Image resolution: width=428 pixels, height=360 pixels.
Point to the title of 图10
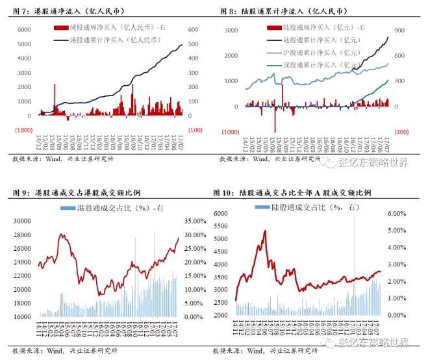coord(292,193)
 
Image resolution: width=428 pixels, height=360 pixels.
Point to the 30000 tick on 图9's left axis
coord(23,220)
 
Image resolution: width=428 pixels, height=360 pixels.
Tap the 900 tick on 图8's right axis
coord(399,31)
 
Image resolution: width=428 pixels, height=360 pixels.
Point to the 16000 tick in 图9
coord(23,316)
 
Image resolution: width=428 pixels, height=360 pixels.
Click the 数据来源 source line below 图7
coord(62,159)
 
